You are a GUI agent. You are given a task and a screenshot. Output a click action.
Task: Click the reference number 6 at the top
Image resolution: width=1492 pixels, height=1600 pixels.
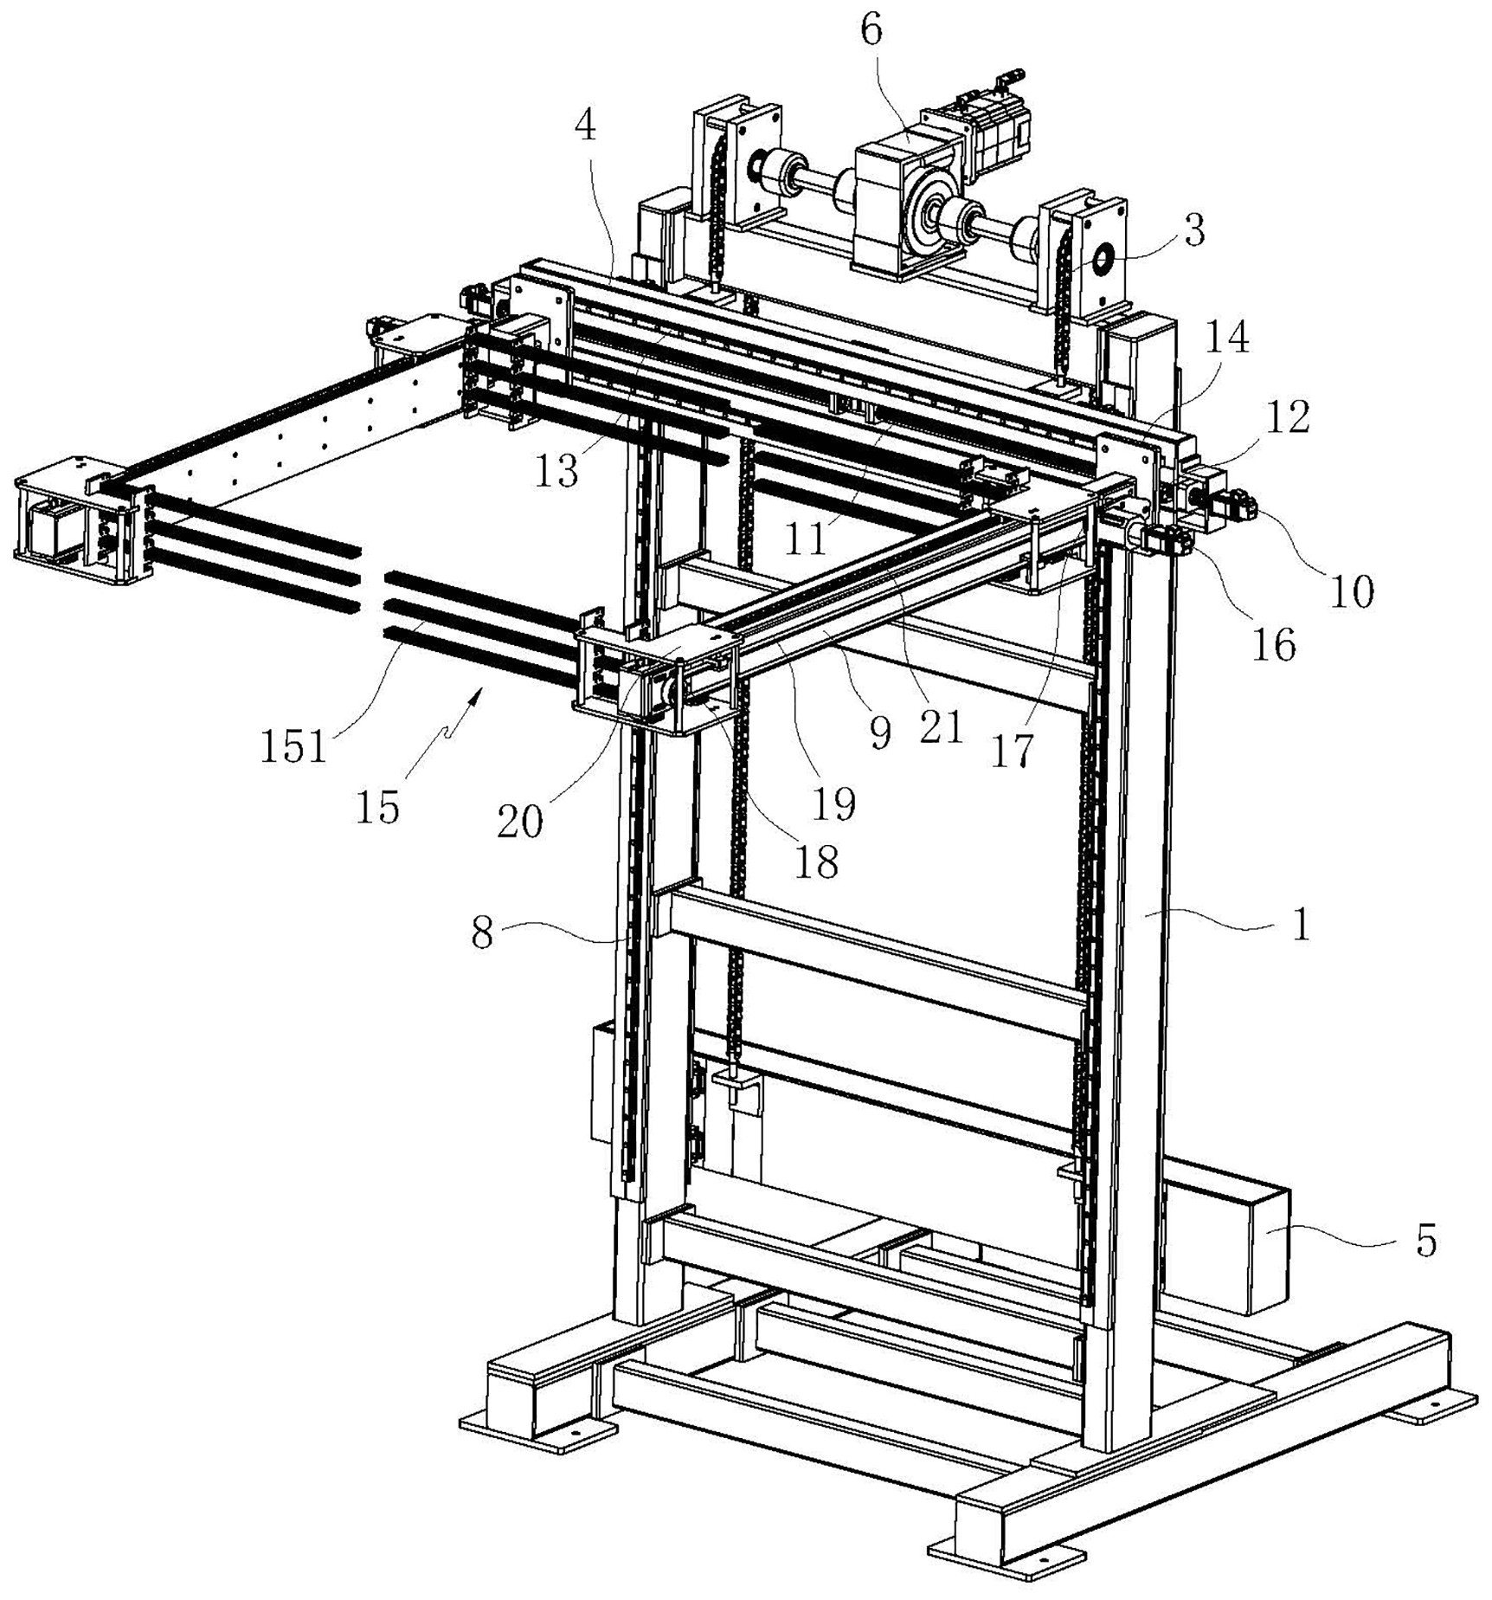click(x=871, y=30)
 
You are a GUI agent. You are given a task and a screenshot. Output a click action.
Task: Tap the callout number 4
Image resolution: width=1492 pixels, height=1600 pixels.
click(x=586, y=127)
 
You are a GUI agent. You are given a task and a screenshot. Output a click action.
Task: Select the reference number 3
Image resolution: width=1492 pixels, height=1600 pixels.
click(x=1193, y=230)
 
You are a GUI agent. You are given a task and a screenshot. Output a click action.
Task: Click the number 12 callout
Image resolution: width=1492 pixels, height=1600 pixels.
click(x=1287, y=417)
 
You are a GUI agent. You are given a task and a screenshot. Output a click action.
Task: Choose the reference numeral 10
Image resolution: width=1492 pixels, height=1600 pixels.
click(x=1351, y=592)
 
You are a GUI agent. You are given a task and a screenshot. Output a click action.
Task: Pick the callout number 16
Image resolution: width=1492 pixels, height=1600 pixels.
click(x=1273, y=645)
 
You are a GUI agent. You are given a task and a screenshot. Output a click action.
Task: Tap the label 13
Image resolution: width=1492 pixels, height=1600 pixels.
click(x=556, y=471)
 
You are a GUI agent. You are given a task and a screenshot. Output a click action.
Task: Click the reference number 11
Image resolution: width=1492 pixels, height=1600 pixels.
click(x=805, y=539)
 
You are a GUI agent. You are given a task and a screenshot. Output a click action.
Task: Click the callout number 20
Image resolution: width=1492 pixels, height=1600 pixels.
click(x=519, y=821)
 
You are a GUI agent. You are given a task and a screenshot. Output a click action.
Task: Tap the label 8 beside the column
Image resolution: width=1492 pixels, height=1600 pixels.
click(x=481, y=933)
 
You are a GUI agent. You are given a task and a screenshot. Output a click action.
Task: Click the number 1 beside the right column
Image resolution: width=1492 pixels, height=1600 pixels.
click(x=1301, y=925)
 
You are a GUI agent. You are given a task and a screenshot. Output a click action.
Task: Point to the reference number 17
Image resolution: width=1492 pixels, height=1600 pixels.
click(x=1012, y=751)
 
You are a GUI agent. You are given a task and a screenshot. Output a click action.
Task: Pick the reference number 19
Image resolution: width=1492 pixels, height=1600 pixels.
click(x=833, y=803)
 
